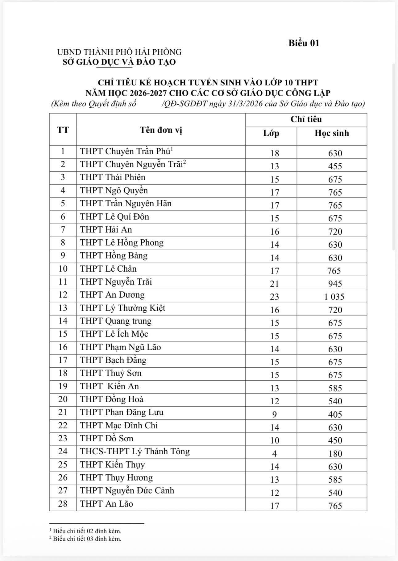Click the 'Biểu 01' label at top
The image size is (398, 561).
(x=304, y=43)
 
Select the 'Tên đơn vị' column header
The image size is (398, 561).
(x=161, y=130)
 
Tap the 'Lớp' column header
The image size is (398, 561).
(x=271, y=133)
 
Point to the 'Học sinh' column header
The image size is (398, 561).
(x=332, y=133)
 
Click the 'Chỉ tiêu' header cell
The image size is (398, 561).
(x=306, y=120)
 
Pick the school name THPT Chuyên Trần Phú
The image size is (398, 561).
(x=125, y=151)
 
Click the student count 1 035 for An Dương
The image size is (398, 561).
(x=334, y=297)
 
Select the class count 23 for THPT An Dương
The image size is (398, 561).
(x=274, y=297)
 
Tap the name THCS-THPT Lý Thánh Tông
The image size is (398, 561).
(x=135, y=452)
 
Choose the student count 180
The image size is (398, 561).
(x=335, y=453)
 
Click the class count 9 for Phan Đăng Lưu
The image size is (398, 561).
(x=274, y=414)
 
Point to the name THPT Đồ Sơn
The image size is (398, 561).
(x=107, y=439)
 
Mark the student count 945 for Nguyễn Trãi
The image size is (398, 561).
(x=335, y=284)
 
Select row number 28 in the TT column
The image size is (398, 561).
(x=63, y=504)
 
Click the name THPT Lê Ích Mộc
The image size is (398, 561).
(x=114, y=334)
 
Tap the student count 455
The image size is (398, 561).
(x=335, y=166)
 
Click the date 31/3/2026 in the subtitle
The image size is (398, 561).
(x=246, y=104)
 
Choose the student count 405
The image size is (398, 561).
(x=335, y=414)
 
